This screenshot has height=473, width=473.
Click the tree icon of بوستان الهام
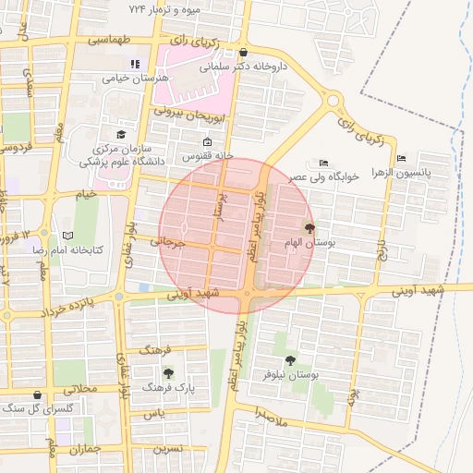point(309,227)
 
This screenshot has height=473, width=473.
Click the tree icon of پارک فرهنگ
point(168,373)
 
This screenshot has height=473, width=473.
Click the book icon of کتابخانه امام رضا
point(67,236)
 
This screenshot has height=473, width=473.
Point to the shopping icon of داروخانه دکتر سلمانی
point(243,53)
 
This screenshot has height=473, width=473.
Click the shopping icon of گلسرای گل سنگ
point(36,394)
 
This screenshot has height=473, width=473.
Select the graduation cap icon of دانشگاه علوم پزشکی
point(120,135)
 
